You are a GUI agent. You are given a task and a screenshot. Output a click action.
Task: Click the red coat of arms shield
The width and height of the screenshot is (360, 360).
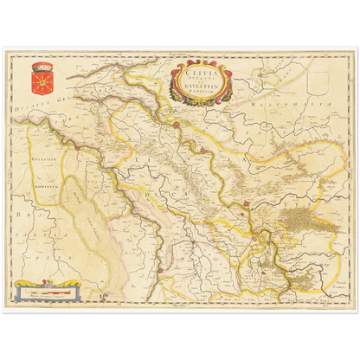point(41,80)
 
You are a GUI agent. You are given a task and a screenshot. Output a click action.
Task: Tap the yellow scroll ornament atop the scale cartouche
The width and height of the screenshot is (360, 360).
point(52,282)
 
